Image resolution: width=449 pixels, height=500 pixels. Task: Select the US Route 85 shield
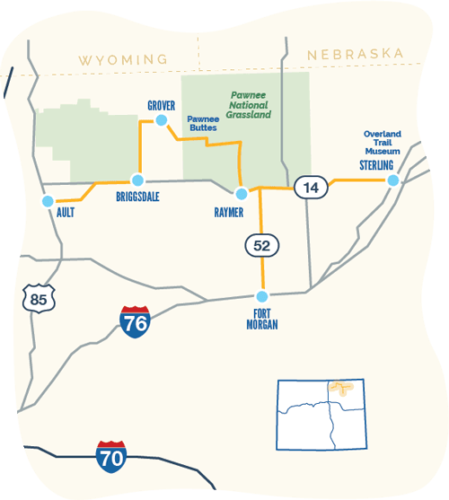[x=37, y=298]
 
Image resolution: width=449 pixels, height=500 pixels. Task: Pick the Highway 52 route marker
[x=261, y=244]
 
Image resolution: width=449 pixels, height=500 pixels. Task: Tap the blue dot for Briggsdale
[x=137, y=180]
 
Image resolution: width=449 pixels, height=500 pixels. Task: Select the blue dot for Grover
[x=162, y=120]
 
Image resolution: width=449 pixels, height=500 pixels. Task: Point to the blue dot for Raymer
[x=240, y=193]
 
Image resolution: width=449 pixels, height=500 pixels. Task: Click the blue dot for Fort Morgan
[x=262, y=296]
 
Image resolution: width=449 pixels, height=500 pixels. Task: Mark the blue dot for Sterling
[x=392, y=180]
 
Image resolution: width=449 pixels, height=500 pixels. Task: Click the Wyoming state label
[x=123, y=59]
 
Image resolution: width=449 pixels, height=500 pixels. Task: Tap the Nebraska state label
[x=355, y=55]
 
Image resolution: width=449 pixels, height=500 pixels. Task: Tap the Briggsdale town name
[x=138, y=197]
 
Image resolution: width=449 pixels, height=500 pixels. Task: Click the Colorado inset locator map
[x=321, y=414]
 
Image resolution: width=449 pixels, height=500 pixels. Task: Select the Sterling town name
[x=378, y=166]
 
